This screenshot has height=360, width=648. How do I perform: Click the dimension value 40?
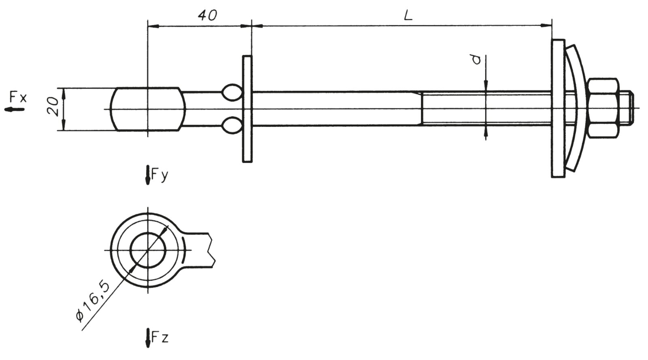tap(207, 15)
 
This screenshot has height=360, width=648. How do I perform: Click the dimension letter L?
tap(408, 15)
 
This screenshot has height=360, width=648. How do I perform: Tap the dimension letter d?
tap(477, 60)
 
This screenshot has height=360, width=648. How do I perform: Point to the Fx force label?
tap(18, 97)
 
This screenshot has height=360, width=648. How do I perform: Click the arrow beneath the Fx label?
tap(15, 109)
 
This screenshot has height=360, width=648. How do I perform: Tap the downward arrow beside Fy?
tap(148, 175)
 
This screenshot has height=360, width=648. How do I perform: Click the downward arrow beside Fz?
tap(148, 338)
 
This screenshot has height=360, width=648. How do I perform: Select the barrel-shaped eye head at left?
tap(148, 109)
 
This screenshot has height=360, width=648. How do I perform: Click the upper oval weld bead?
tap(232, 92)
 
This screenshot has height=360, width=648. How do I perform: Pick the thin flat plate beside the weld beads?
tap(247, 109)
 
